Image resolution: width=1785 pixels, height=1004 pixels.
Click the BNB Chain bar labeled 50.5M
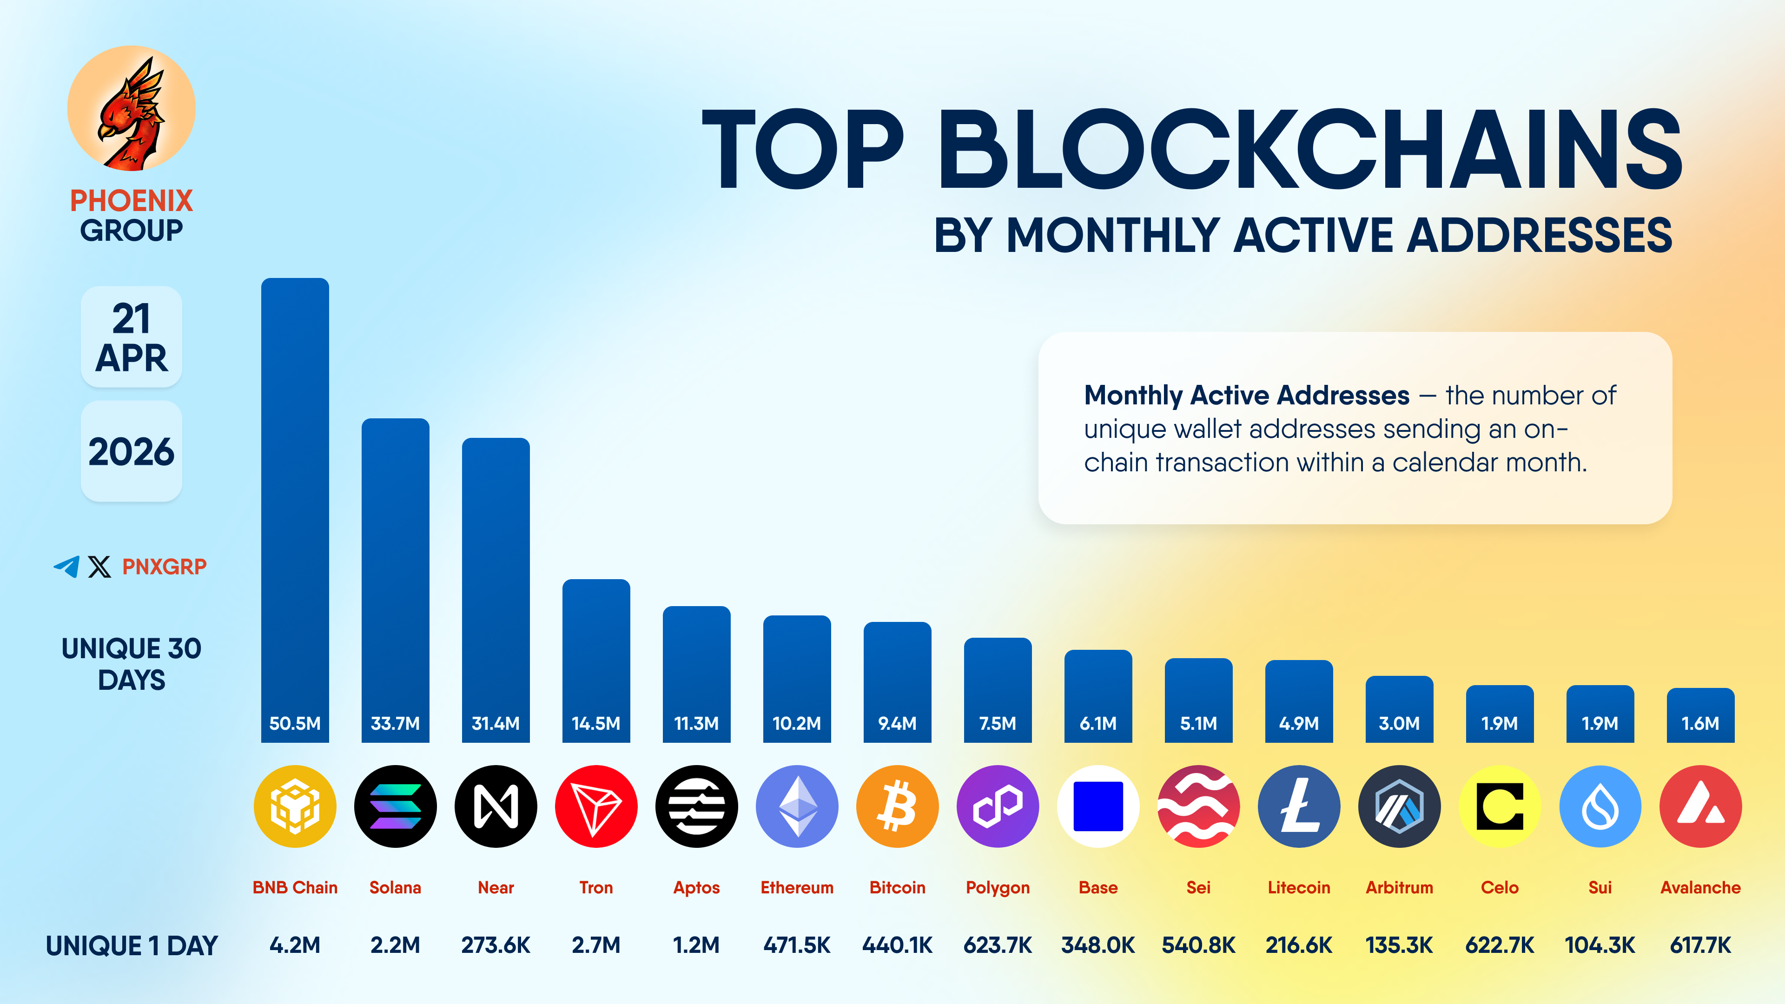(x=295, y=509)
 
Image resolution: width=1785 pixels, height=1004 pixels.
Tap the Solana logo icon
(x=395, y=806)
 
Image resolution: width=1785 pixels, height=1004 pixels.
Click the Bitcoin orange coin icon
(x=897, y=806)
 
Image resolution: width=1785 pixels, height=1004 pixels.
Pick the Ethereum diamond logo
(x=797, y=806)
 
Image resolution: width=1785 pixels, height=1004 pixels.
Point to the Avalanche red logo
(x=1700, y=806)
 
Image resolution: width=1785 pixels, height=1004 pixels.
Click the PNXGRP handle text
(x=164, y=567)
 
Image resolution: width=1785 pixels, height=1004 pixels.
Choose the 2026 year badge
(x=131, y=451)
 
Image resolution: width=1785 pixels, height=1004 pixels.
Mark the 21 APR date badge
(x=131, y=337)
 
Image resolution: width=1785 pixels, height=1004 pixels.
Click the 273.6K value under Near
(x=496, y=945)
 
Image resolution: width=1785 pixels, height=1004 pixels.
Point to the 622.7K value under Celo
(x=1500, y=945)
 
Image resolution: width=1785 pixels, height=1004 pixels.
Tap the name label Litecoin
(x=1299, y=888)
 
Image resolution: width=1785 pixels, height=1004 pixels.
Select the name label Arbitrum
(x=1399, y=888)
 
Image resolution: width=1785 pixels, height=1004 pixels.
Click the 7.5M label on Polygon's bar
(x=997, y=723)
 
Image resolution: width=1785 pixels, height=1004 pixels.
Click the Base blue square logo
(x=1097, y=806)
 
